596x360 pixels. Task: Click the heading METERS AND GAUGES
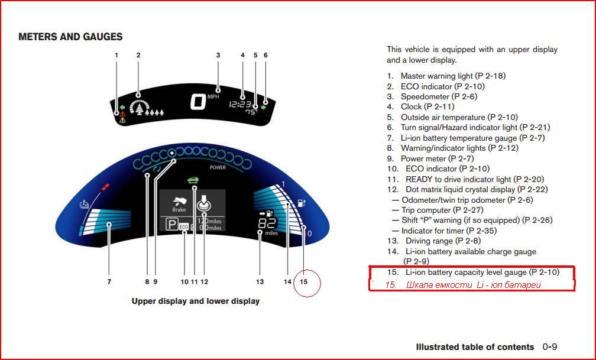[70, 37]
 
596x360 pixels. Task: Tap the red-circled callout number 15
[303, 282]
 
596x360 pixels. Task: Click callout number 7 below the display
[109, 282]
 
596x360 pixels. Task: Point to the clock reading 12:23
[240, 104]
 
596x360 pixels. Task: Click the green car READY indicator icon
[193, 180]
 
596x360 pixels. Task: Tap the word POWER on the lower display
[218, 167]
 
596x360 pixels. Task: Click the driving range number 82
[267, 223]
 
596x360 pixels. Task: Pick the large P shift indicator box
[171, 224]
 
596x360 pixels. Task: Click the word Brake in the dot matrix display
[179, 210]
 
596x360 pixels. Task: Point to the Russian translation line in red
[462, 285]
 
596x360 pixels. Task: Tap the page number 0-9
[550, 346]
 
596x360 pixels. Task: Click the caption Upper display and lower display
[195, 301]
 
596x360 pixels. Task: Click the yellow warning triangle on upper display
[122, 121]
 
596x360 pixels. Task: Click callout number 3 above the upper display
[218, 55]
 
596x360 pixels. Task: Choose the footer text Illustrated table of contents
[475, 346]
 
